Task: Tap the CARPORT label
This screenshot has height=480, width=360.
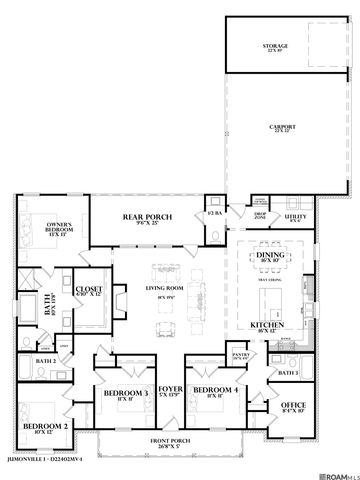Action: [x=284, y=129]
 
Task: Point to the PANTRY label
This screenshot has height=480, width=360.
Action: [x=241, y=354]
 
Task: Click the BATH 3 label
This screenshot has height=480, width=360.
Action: [x=289, y=374]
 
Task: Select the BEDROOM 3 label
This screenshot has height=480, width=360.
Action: [x=124, y=393]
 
